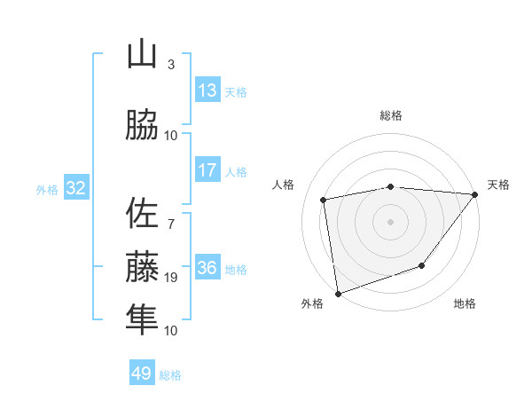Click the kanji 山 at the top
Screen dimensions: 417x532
[142, 55]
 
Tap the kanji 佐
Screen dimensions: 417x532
[142, 213]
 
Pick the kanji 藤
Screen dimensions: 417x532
[142, 266]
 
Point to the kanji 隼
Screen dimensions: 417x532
[142, 319]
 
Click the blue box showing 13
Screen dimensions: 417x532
[207, 90]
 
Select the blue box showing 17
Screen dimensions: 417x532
[207, 169]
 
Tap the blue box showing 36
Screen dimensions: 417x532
[207, 268]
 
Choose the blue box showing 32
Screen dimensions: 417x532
[75, 187]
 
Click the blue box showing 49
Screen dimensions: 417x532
[142, 374]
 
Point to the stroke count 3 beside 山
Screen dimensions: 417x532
[171, 65]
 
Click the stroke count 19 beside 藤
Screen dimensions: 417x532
[171, 278]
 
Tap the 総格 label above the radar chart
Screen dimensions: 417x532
[391, 115]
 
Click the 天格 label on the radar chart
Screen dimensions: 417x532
[498, 185]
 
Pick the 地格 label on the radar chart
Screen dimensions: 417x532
[465, 304]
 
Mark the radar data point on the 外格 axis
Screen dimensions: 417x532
[338, 292]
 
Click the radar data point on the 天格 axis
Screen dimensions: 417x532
[475, 194]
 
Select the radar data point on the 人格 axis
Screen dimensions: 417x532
[325, 200]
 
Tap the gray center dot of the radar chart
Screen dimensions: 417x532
[391, 221]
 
